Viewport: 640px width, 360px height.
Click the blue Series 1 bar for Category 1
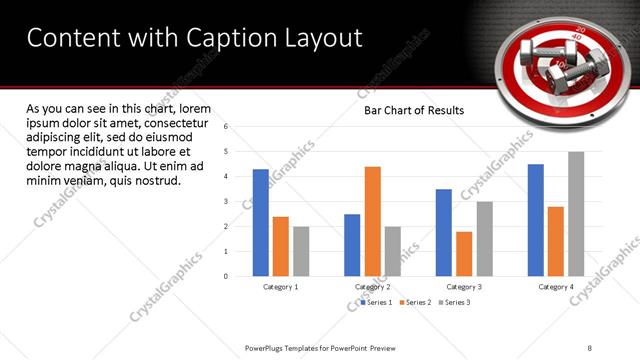(x=261, y=222)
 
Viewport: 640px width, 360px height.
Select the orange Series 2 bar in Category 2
(x=372, y=221)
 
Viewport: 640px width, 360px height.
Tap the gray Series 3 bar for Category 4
(x=576, y=214)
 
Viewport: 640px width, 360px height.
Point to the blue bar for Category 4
(x=536, y=220)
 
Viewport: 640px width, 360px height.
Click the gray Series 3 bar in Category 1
(x=301, y=251)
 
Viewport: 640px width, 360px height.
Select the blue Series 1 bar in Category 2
(x=352, y=244)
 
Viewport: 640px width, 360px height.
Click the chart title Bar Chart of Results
(x=413, y=110)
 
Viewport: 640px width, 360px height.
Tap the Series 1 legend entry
(x=375, y=302)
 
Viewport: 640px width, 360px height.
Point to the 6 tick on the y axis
(x=227, y=127)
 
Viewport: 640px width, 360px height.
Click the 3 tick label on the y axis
(x=227, y=201)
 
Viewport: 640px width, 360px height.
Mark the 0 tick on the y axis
(x=227, y=276)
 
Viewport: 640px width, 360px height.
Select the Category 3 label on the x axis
(x=464, y=287)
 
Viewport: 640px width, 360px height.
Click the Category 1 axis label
(x=281, y=287)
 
